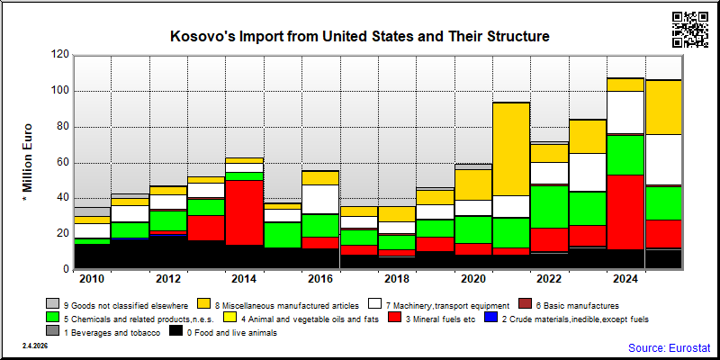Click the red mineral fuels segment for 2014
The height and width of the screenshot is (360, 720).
(x=244, y=212)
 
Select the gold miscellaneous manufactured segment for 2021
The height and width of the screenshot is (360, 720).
(x=511, y=149)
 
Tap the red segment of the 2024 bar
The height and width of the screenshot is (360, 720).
(x=625, y=212)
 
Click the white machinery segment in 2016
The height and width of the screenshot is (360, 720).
(x=320, y=199)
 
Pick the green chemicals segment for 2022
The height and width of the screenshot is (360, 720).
(x=550, y=207)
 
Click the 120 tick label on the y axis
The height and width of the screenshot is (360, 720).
(x=60, y=55)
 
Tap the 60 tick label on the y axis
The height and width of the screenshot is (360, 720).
(x=63, y=163)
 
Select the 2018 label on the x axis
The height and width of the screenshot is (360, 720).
(x=397, y=280)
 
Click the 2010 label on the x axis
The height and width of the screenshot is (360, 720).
(x=93, y=280)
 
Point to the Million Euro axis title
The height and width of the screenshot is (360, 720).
(x=28, y=162)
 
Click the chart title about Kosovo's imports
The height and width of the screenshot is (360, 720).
(x=360, y=36)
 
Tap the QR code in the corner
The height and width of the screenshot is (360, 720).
(x=690, y=30)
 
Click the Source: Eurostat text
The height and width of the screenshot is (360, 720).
(x=670, y=347)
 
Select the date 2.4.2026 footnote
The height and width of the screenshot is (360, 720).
(x=35, y=346)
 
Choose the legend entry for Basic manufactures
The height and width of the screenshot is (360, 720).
(x=569, y=305)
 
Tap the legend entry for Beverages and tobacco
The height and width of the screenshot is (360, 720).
(x=103, y=332)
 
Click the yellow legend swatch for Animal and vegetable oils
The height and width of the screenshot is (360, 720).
(x=229, y=318)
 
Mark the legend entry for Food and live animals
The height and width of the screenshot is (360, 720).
(x=223, y=332)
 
